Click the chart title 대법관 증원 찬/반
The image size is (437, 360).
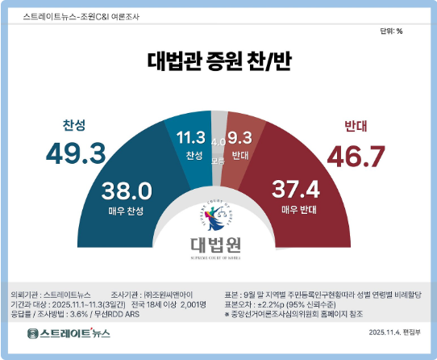pyautogui.click(x=218, y=61)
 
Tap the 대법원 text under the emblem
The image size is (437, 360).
pyautogui.click(x=218, y=243)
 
